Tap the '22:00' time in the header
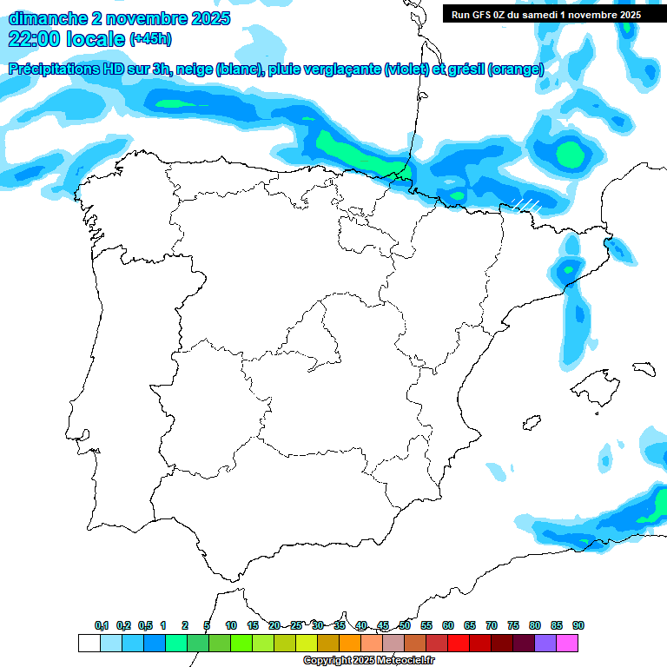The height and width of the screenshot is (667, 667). click(35, 39)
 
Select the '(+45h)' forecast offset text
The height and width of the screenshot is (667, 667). click(150, 39)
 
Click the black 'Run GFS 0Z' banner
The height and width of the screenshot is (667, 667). click(546, 14)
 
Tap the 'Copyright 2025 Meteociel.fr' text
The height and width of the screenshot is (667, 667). click(362, 661)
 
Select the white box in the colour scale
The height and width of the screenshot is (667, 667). click(89, 643)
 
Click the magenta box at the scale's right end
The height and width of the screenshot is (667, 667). click(567, 643)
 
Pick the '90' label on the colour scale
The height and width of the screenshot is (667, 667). click(578, 625)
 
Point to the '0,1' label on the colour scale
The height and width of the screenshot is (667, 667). click(101, 625)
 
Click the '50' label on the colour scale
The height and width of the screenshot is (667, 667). click(405, 625)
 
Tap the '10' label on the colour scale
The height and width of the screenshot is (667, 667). click(231, 625)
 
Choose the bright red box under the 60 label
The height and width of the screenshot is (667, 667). click(459, 643)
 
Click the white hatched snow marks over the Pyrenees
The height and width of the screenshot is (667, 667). click(525, 205)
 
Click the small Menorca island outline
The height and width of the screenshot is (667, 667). click(644, 368)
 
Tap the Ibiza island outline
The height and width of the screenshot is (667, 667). click(529, 423)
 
